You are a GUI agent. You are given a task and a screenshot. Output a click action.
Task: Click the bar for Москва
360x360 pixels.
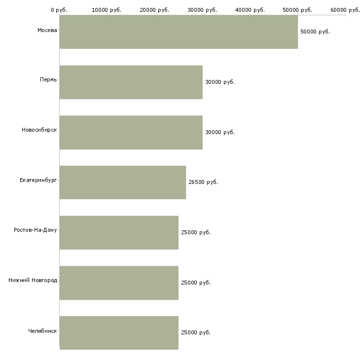click(x=179, y=32)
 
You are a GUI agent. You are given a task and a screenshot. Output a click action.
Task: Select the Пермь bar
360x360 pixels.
click(x=131, y=82)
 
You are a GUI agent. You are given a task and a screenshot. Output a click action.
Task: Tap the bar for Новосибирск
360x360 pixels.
click(x=131, y=133)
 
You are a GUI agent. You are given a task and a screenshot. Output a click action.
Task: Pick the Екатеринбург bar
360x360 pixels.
click(x=123, y=182)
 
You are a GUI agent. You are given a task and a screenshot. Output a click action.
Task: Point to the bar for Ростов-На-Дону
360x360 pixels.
click(x=119, y=233)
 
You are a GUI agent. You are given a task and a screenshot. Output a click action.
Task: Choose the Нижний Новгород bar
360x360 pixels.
click(x=119, y=283)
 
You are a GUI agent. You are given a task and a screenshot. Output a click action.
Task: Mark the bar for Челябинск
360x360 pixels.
click(x=119, y=333)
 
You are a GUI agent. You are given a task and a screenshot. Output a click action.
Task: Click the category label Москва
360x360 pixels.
click(x=47, y=30)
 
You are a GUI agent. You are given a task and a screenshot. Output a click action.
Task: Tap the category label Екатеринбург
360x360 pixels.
click(x=38, y=180)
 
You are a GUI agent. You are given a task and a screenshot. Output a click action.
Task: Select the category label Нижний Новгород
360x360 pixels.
click(x=33, y=280)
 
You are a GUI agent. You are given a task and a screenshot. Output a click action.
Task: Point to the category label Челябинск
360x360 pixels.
click(x=42, y=331)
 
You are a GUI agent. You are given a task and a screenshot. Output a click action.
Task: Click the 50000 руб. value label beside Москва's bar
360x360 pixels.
click(x=315, y=32)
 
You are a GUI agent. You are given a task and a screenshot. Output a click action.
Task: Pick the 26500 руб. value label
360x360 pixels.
click(x=203, y=182)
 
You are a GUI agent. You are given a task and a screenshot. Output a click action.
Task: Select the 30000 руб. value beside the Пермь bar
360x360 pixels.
click(x=220, y=82)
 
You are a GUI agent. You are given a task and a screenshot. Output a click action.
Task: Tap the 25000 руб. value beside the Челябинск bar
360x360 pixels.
click(x=196, y=332)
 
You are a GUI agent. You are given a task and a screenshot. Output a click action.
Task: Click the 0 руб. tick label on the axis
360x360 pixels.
click(x=59, y=10)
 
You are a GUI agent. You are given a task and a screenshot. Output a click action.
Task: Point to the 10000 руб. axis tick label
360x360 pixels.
click(x=107, y=10)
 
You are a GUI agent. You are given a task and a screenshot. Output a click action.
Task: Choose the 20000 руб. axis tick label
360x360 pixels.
click(x=154, y=10)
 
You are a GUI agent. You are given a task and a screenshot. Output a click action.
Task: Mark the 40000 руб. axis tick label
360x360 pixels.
click(x=250, y=10)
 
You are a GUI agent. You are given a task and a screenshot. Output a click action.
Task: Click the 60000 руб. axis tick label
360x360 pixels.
click(x=345, y=10)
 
